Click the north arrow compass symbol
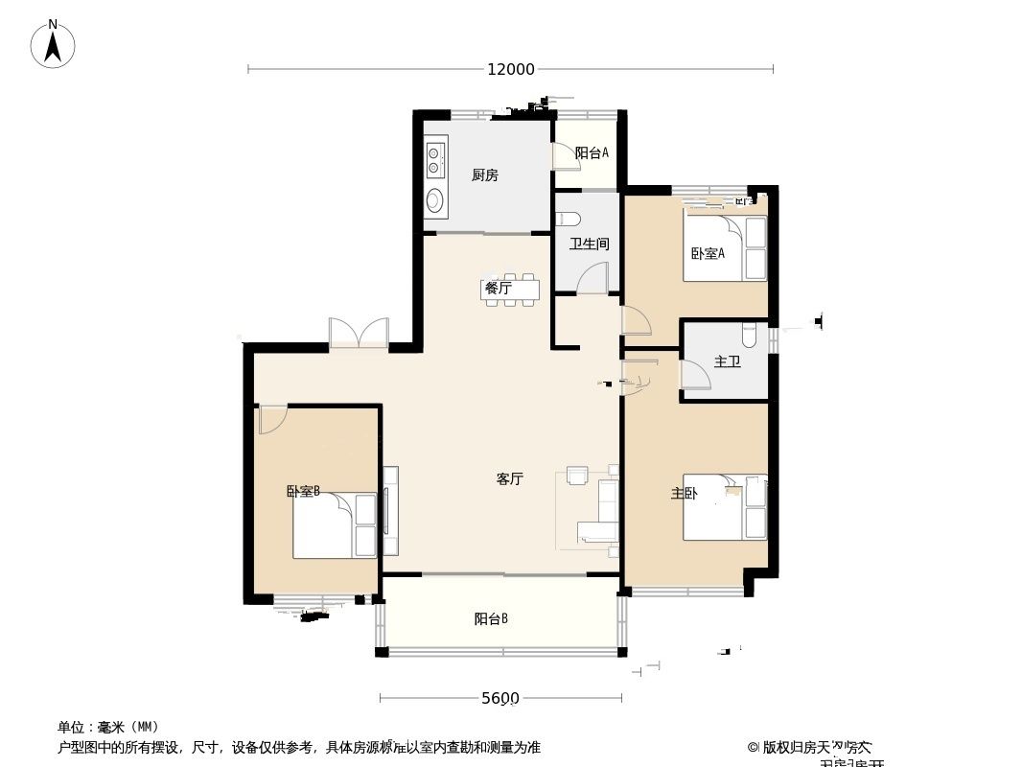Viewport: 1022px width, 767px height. pyautogui.click(x=53, y=44)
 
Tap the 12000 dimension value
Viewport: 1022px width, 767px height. pyautogui.click(x=510, y=69)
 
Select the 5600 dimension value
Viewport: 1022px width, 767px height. pyautogui.click(x=499, y=698)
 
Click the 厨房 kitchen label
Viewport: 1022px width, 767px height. pyautogui.click(x=484, y=174)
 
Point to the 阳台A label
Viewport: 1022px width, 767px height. pyautogui.click(x=592, y=152)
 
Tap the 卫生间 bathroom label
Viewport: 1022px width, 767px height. pyautogui.click(x=589, y=244)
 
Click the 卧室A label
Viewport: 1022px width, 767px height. pyautogui.click(x=708, y=253)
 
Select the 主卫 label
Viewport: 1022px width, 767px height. pyautogui.click(x=727, y=361)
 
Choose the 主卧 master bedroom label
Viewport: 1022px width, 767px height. pyautogui.click(x=685, y=493)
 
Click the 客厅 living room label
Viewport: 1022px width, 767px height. pyautogui.click(x=509, y=478)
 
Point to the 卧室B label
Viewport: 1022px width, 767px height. pyautogui.click(x=303, y=491)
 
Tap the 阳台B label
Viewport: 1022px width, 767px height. pyautogui.click(x=491, y=618)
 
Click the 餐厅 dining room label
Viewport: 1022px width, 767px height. pyautogui.click(x=497, y=287)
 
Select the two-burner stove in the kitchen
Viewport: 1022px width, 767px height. pyautogui.click(x=436, y=159)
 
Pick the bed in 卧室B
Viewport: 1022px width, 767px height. pyautogui.click(x=335, y=524)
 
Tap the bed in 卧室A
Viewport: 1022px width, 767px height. pyautogui.click(x=725, y=248)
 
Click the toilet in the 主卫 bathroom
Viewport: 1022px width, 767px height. pyautogui.click(x=750, y=335)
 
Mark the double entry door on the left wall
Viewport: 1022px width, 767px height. pyautogui.click(x=359, y=334)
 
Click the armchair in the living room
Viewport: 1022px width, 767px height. pyautogui.click(x=578, y=476)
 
